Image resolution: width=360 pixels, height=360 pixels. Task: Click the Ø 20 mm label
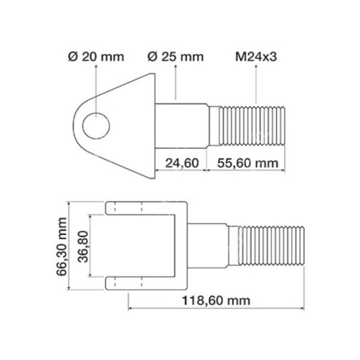pyautogui.click(x=96, y=57)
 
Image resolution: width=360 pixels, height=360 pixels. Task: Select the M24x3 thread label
pyautogui.click(x=256, y=57)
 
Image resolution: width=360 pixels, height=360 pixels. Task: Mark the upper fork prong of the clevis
pyautogui.click(x=129, y=208)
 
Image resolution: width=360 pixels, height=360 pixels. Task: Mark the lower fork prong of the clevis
pyautogui.click(x=129, y=283)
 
